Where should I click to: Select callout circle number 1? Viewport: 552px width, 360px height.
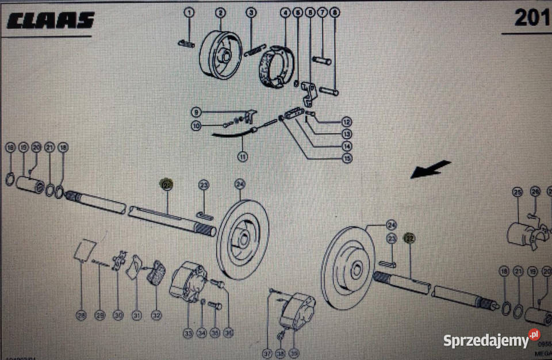tap(190, 13)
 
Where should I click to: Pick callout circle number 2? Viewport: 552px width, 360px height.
tap(221, 13)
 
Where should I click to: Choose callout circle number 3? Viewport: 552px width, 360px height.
tap(252, 13)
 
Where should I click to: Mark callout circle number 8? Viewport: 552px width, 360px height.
tap(335, 13)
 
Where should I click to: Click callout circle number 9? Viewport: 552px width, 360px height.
tap(196, 112)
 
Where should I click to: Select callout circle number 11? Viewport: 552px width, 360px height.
tap(243, 156)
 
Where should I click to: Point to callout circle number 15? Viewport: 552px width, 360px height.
tap(346, 158)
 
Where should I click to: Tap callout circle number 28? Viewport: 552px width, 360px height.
tap(81, 315)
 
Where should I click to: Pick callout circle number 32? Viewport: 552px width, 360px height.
tap(156, 315)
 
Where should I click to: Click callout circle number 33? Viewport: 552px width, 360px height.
tap(188, 332)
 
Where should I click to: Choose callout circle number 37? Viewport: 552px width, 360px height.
tap(266, 353)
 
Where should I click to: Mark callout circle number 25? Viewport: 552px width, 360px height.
tap(517, 192)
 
